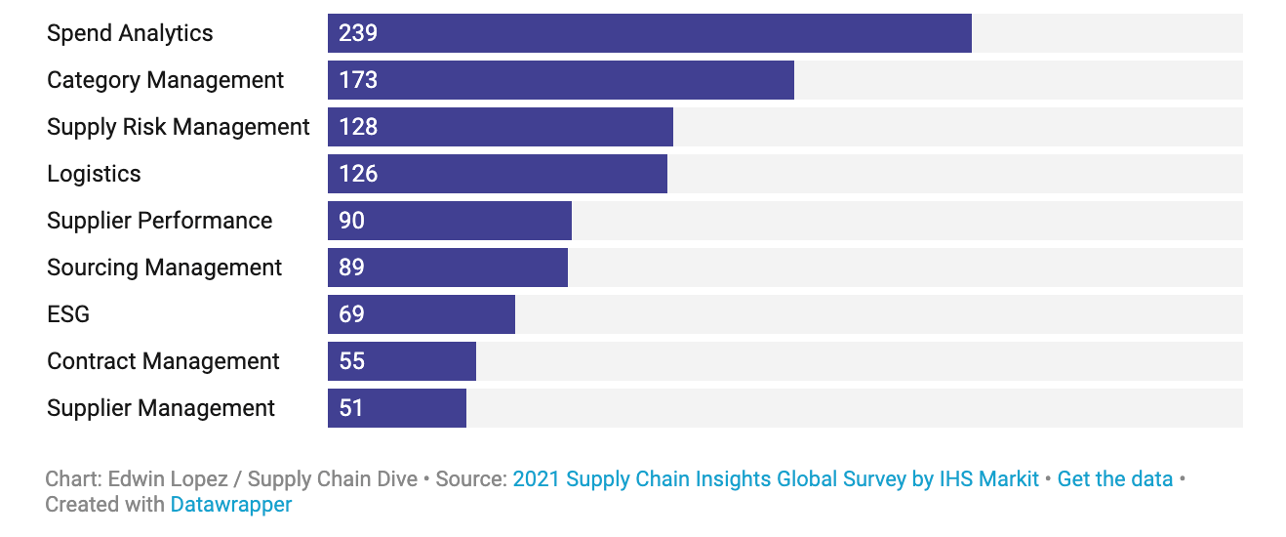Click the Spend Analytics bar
click(x=649, y=33)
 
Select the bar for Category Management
click(x=560, y=80)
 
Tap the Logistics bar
click(x=497, y=174)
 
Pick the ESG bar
click(x=421, y=314)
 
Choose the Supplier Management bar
click(x=396, y=408)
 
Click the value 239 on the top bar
click(x=358, y=33)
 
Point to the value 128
click(x=358, y=127)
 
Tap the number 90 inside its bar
click(x=352, y=221)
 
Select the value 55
click(x=352, y=361)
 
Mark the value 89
click(x=352, y=268)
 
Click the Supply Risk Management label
click(x=179, y=127)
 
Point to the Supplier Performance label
click(x=160, y=221)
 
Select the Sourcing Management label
click(x=165, y=268)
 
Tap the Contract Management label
click(x=164, y=361)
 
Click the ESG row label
click(x=68, y=314)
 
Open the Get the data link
click(x=1114, y=479)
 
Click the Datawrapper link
click(x=231, y=505)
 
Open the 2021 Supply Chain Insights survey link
click(x=776, y=479)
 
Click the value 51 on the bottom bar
click(x=351, y=408)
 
